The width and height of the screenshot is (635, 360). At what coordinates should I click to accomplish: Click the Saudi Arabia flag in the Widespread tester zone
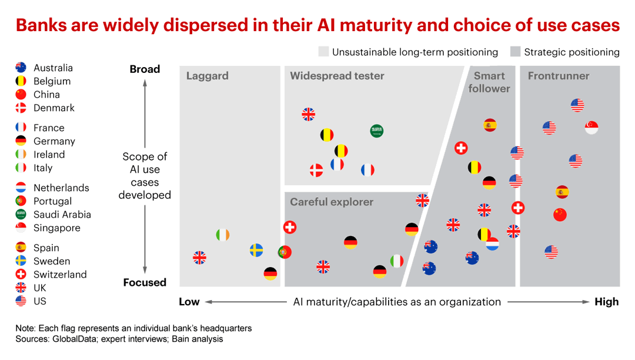[377, 131]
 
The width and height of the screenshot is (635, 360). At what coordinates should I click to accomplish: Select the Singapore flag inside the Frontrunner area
[591, 127]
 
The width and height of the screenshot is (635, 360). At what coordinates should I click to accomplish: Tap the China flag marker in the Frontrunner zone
[560, 215]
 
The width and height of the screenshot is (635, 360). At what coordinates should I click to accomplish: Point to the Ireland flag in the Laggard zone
[222, 235]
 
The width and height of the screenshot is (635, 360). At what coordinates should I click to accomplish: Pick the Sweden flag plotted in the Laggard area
[256, 250]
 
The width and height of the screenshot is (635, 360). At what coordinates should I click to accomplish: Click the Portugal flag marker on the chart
[285, 252]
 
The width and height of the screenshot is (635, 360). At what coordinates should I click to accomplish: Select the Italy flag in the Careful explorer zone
[397, 261]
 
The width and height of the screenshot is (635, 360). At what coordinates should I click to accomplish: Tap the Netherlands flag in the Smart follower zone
[492, 244]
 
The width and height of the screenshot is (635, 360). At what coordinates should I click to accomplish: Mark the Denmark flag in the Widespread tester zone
[316, 171]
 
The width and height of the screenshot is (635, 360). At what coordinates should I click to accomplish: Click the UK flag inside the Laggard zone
[200, 257]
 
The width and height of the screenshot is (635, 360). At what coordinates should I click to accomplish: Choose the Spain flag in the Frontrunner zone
[562, 192]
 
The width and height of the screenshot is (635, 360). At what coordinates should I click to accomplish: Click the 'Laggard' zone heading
[207, 76]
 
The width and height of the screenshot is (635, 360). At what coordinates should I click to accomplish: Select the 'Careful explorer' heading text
[332, 202]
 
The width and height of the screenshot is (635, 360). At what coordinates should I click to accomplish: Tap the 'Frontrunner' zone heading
[558, 76]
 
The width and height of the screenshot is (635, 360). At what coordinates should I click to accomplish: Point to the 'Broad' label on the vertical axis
[145, 69]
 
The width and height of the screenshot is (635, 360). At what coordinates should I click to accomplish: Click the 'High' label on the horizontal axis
[607, 302]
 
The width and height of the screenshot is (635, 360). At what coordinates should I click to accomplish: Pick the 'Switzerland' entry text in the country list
[60, 275]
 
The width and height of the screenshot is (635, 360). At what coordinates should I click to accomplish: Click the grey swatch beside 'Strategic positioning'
[515, 52]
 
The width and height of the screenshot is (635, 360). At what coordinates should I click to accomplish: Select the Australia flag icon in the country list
[21, 68]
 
